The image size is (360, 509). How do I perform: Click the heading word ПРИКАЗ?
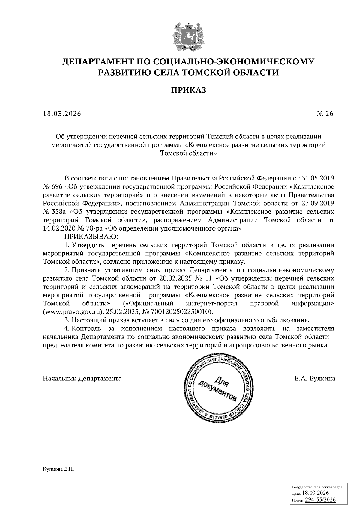click(x=188, y=90)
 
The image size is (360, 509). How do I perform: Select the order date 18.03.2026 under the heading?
click(x=62, y=114)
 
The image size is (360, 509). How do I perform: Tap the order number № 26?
click(x=325, y=114)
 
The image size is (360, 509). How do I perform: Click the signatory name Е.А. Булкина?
click(x=315, y=379)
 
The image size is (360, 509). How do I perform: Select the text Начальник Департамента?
click(x=82, y=379)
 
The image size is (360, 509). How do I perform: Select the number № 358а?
click(x=54, y=212)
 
